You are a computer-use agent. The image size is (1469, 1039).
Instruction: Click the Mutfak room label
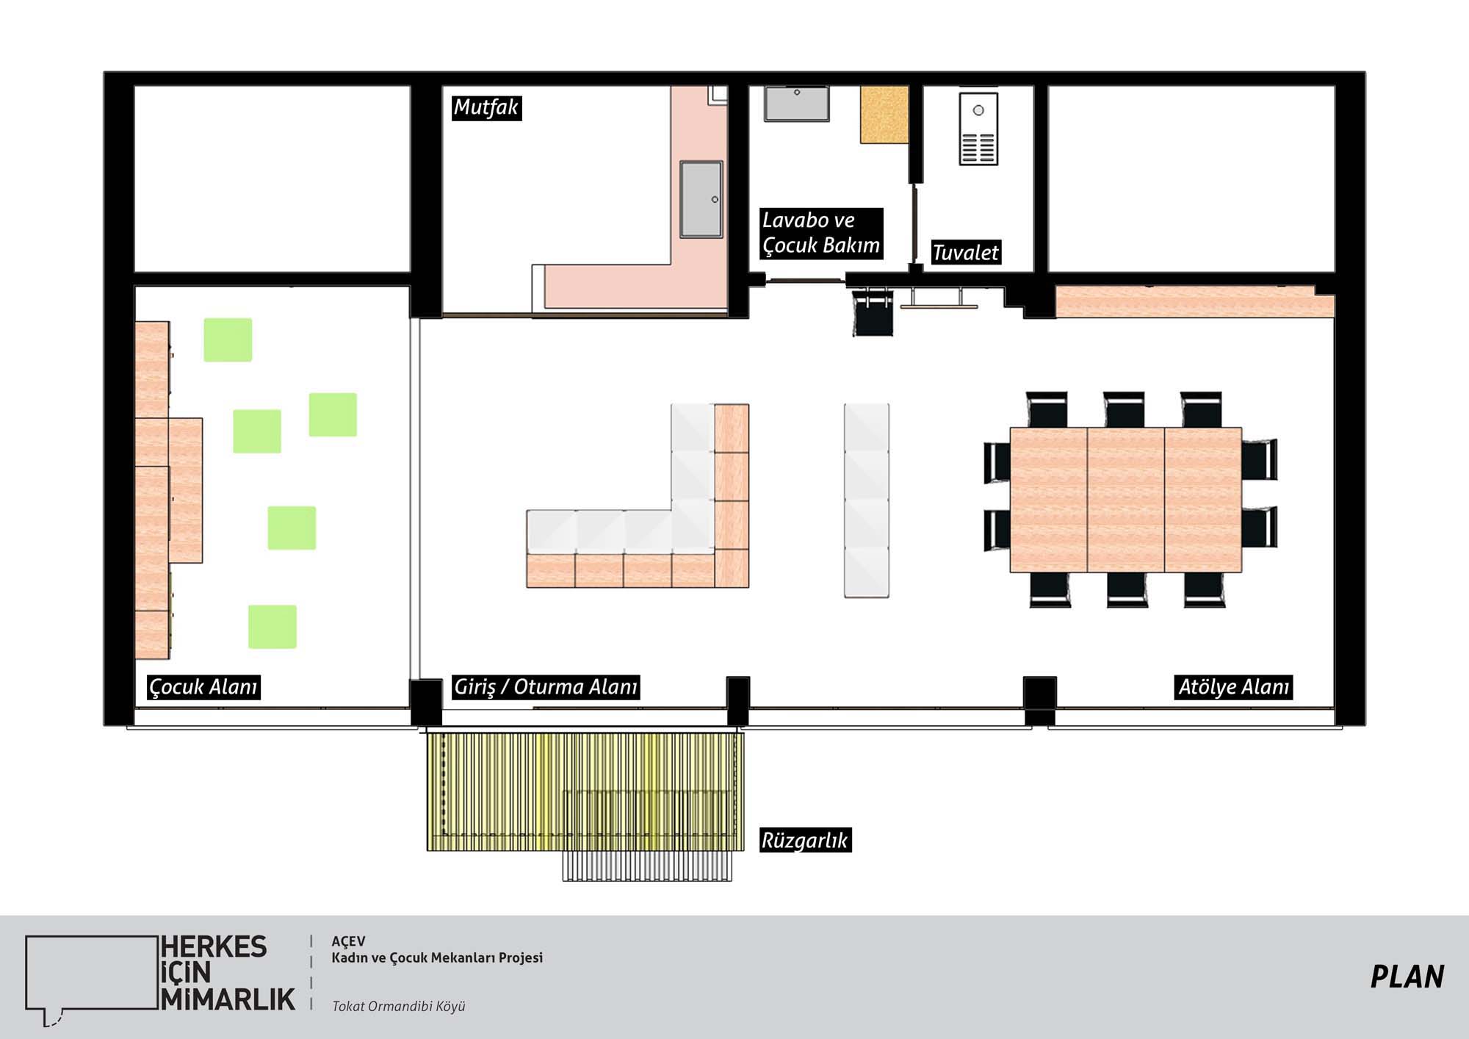click(486, 107)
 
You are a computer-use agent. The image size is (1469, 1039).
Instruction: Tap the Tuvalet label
click(965, 252)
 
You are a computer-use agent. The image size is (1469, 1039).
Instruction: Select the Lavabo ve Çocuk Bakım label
click(820, 233)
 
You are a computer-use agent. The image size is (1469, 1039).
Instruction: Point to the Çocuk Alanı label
click(203, 687)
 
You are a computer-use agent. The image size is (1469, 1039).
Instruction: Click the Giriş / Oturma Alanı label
click(545, 687)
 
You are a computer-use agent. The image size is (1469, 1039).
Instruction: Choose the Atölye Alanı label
click(1233, 687)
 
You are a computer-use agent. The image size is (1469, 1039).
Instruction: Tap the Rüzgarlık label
click(805, 840)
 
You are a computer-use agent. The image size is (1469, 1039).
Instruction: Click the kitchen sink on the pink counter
click(701, 199)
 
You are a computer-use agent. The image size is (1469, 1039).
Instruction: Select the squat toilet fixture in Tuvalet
click(978, 129)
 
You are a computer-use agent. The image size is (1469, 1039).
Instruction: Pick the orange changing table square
click(884, 115)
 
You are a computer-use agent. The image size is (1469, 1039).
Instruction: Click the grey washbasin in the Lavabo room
click(796, 104)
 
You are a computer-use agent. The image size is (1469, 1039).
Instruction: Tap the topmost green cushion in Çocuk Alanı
click(228, 339)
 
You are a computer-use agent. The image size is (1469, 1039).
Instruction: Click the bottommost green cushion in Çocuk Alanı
click(272, 627)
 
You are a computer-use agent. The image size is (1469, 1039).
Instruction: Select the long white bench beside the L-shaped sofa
click(867, 500)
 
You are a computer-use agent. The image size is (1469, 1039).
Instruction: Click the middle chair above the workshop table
click(1124, 409)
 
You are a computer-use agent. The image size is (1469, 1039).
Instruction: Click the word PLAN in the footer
click(1407, 977)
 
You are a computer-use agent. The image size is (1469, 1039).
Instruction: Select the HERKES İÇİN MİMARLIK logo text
click(228, 973)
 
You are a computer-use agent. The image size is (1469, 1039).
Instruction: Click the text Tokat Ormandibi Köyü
click(399, 1006)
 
